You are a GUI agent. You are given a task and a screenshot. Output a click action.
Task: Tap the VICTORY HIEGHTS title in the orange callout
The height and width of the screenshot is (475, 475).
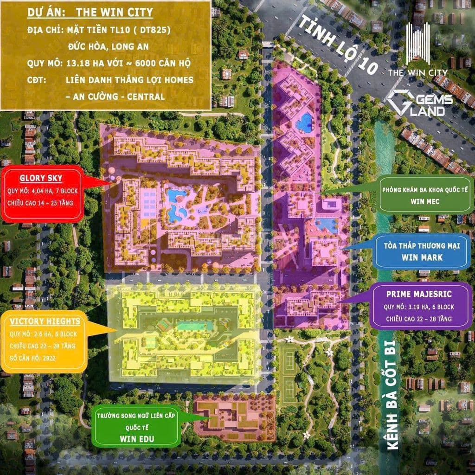(45, 321)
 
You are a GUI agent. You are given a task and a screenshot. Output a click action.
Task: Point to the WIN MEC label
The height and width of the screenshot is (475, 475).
(424, 202)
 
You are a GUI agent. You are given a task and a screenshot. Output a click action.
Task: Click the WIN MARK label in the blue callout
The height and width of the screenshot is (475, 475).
(422, 257)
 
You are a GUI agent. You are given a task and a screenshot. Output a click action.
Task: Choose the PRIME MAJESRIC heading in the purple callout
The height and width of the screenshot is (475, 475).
(419, 294)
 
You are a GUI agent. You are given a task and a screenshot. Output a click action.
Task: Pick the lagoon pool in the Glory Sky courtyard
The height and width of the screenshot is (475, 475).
(176, 204)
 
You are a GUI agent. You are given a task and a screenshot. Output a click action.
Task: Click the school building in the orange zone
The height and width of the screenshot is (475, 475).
(234, 417)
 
